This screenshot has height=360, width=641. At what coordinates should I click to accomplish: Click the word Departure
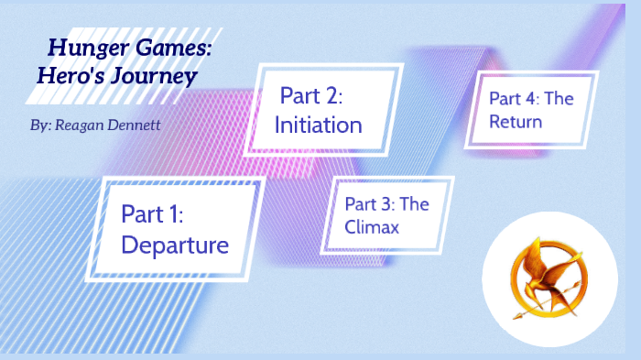(174, 245)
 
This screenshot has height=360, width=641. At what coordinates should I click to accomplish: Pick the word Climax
(372, 227)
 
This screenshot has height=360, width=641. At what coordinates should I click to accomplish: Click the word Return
(516, 120)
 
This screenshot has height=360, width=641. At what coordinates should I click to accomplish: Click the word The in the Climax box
(415, 204)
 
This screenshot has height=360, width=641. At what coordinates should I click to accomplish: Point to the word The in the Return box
(559, 98)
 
